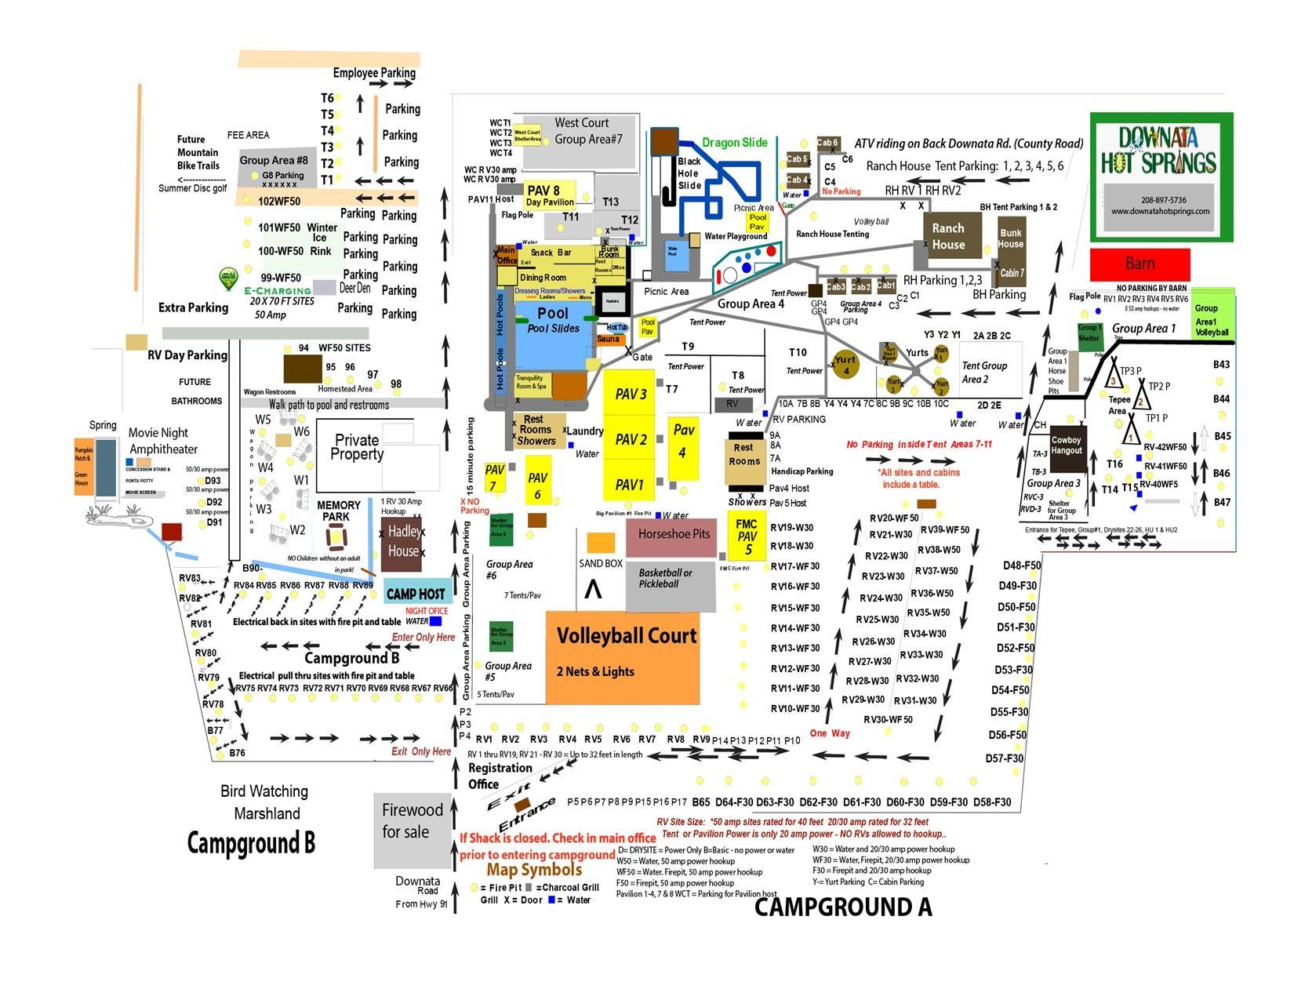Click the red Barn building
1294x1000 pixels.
pyautogui.click(x=1140, y=264)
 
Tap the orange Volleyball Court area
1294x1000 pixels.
pyautogui.click(x=623, y=657)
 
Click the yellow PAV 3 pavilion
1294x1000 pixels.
pyautogui.click(x=630, y=395)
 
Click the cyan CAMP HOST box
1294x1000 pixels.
pyautogui.click(x=416, y=594)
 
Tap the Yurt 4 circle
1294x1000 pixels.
pyautogui.click(x=845, y=365)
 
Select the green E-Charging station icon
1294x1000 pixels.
pyautogui.click(x=228, y=278)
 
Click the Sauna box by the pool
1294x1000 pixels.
pyautogui.click(x=609, y=340)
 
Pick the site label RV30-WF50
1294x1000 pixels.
pyautogui.click(x=888, y=719)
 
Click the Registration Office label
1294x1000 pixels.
pyautogui.click(x=500, y=776)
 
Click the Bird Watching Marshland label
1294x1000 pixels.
pyautogui.click(x=264, y=802)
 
